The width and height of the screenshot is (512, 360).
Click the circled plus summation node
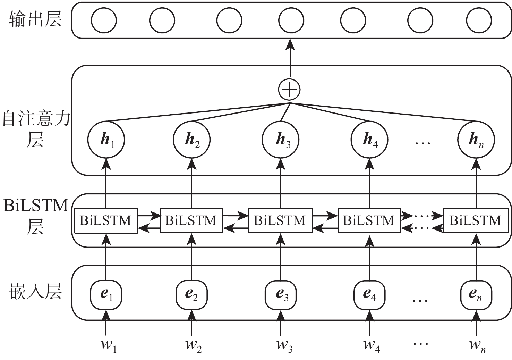click(x=289, y=90)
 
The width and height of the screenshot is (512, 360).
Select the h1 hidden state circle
click(x=106, y=140)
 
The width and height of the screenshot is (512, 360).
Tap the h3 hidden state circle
click(x=280, y=140)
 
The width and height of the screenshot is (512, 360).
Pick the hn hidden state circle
click(x=476, y=140)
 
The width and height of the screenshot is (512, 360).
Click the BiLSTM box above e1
click(x=106, y=220)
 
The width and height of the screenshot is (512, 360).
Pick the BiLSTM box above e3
click(x=280, y=220)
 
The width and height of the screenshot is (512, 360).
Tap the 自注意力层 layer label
click(x=36, y=128)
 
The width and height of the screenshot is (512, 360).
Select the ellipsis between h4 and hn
click(x=423, y=142)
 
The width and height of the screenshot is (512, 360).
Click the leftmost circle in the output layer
click(x=104, y=20)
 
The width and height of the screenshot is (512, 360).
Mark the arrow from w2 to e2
click(x=191, y=323)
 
